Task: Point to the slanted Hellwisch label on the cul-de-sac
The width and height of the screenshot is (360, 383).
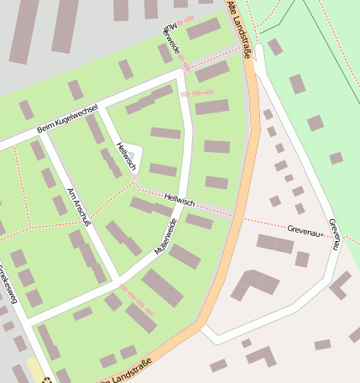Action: point(127,157)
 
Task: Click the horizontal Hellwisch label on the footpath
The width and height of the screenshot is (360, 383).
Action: point(180,202)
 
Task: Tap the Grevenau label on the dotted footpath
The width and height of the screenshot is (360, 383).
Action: point(304,228)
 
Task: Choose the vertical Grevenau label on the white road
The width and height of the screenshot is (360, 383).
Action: point(335,234)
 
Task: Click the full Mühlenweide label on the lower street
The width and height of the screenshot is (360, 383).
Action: point(166,236)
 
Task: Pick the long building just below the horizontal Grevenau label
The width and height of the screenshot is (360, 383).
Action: point(275,244)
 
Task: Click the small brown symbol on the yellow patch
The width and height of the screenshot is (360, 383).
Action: point(48,379)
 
